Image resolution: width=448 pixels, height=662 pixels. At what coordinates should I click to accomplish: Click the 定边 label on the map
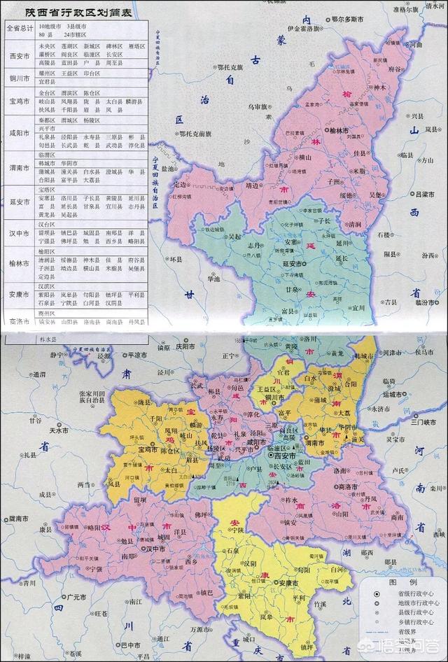click(x=181, y=185)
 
